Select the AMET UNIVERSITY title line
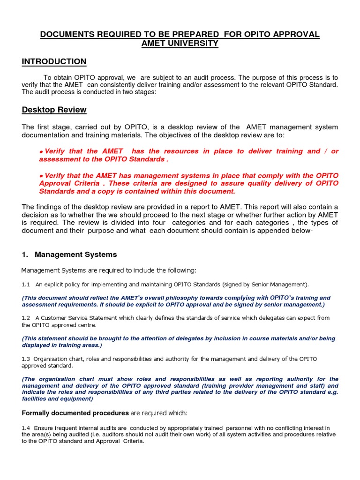pyautogui.click(x=180, y=44)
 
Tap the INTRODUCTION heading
pyautogui.click(x=54, y=61)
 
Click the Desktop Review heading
pyautogui.click(x=54, y=110)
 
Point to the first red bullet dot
pyautogui.click(x=41, y=152)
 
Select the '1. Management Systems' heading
pyautogui.click(x=69, y=255)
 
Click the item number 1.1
pyautogui.click(x=26, y=285)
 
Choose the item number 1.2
pyautogui.click(x=26, y=318)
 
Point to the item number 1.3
pyautogui.click(x=26, y=359)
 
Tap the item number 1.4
pyautogui.click(x=26, y=428)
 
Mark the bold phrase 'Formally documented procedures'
pyautogui.click(x=75, y=413)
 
